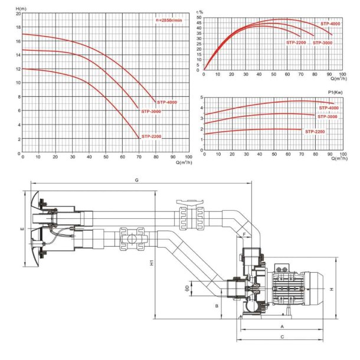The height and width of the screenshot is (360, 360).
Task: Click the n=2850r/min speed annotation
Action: (x=169, y=20)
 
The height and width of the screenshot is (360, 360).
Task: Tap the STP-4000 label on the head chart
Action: (x=167, y=103)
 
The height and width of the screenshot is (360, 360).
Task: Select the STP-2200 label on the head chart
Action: (x=151, y=136)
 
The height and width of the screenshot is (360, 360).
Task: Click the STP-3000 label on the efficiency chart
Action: (x=322, y=42)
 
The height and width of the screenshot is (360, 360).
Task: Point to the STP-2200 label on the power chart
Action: (x=315, y=132)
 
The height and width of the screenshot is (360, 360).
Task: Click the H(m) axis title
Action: (x=21, y=9)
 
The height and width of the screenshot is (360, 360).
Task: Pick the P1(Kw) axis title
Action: (x=335, y=92)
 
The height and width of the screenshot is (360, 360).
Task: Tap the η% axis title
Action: (x=199, y=12)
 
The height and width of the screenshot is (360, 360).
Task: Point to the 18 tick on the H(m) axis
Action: (x=18, y=27)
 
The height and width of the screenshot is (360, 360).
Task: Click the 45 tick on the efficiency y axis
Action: (x=199, y=23)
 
